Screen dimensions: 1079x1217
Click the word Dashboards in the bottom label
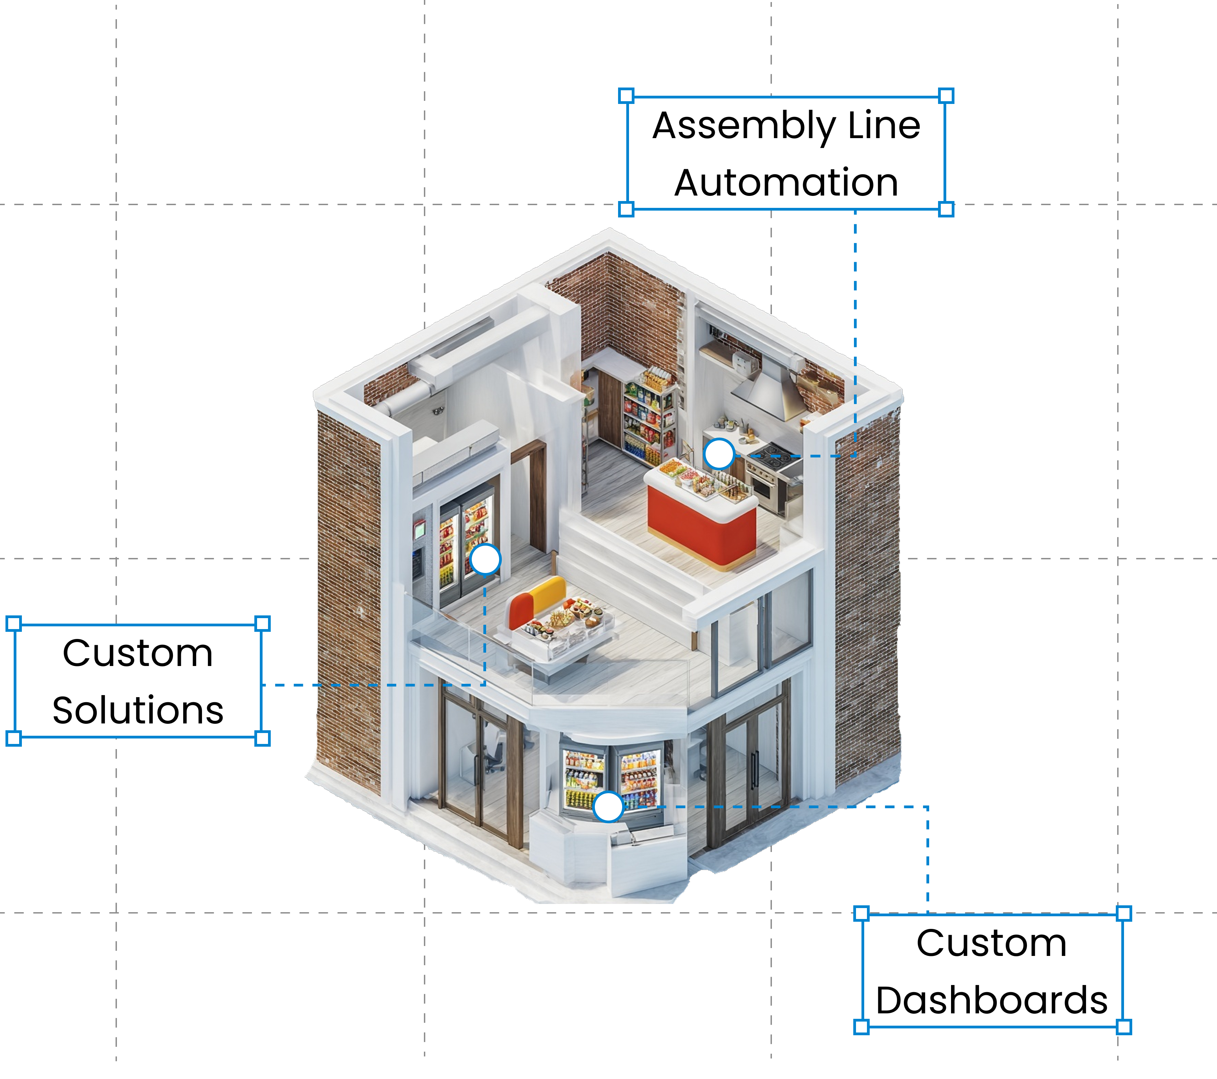(991, 1000)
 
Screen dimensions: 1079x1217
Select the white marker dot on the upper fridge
(485, 559)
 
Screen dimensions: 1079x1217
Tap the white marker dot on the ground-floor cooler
(608, 807)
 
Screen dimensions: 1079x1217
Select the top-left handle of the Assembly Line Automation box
(626, 96)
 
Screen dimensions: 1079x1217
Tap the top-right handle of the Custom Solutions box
(262, 624)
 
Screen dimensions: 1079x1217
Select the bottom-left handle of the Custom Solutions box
(13, 738)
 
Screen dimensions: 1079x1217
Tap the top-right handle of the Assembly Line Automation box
(946, 96)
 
